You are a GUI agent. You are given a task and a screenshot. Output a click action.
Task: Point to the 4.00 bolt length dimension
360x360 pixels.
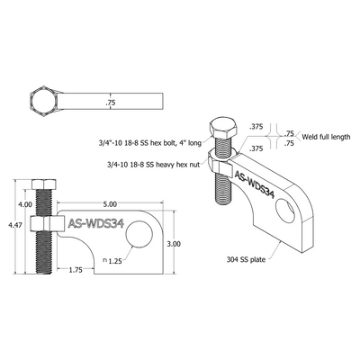tap(24, 205)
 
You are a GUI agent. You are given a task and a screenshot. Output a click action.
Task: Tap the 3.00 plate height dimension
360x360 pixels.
tap(175, 243)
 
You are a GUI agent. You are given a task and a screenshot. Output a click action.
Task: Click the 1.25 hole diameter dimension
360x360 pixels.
tap(113, 261)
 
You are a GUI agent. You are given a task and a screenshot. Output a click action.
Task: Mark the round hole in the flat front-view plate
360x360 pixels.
tap(138, 237)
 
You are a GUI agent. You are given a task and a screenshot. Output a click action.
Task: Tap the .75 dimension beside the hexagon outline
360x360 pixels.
tap(111, 103)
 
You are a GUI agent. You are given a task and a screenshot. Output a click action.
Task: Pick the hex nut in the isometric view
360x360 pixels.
tap(220, 162)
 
